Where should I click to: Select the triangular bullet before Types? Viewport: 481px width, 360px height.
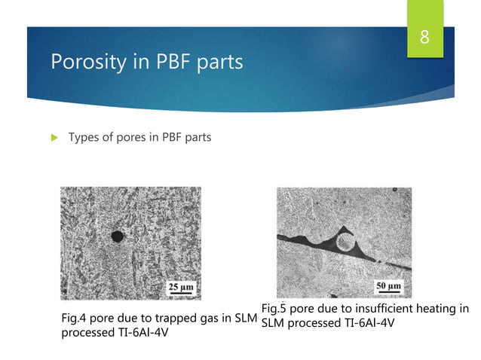(x=52, y=137)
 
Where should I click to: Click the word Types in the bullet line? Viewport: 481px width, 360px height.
(x=86, y=137)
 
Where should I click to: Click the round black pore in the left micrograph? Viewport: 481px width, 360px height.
(x=117, y=236)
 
